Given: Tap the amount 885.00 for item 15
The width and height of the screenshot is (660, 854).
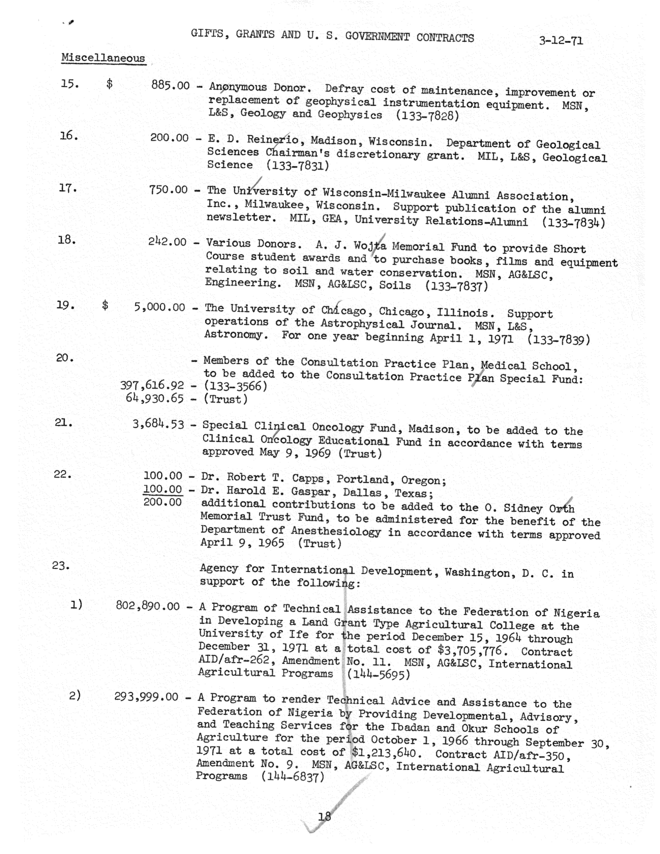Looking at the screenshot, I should (x=170, y=85).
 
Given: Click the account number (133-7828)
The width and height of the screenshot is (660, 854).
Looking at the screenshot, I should (x=427, y=116).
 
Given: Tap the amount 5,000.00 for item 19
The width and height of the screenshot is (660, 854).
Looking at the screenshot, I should (x=159, y=307).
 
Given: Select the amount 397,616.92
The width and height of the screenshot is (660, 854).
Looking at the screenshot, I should (x=152, y=386).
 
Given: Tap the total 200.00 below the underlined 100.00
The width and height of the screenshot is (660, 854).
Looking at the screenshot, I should (x=163, y=502).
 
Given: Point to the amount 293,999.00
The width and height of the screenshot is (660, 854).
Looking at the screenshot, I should (x=147, y=697).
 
